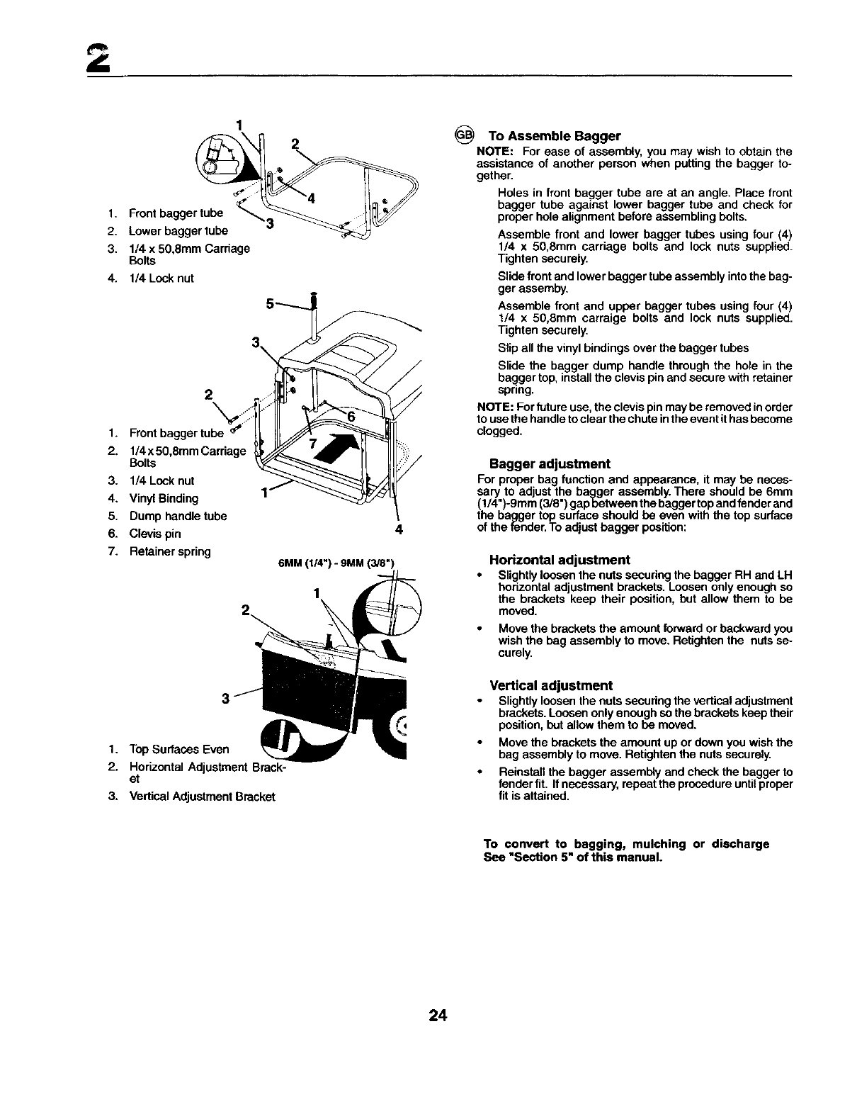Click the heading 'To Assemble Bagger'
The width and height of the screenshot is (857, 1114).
(x=555, y=136)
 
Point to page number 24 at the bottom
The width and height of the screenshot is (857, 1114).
(x=437, y=1016)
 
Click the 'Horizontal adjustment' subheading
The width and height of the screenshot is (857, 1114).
(x=560, y=560)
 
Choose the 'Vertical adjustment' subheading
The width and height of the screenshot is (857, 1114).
(x=551, y=686)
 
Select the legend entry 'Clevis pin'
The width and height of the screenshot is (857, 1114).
(x=154, y=534)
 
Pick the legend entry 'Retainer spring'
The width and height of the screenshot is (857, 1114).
(x=170, y=551)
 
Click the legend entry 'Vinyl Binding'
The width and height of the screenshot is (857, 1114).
(x=164, y=498)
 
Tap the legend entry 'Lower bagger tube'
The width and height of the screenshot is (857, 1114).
(x=178, y=230)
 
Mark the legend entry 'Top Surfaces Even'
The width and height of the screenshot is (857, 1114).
(x=178, y=749)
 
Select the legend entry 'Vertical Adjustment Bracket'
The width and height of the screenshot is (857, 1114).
(x=202, y=796)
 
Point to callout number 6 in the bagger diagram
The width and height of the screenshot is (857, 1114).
(x=351, y=416)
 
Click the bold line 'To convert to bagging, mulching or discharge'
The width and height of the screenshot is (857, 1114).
(x=626, y=844)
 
